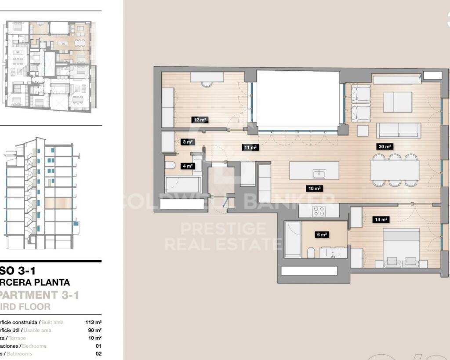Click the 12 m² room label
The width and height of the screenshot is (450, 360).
click(200, 120)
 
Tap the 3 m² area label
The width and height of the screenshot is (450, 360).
click(188, 142)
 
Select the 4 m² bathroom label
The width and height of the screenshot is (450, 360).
click(188, 166)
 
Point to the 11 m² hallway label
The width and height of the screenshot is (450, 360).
click(250, 147)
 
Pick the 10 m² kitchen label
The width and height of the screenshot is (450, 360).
click(315, 189)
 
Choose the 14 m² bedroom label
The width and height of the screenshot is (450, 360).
click(381, 219)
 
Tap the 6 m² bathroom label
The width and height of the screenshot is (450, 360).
click(323, 234)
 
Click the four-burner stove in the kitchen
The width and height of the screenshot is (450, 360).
click(319, 211)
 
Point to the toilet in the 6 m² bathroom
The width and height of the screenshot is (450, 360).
click(311, 253)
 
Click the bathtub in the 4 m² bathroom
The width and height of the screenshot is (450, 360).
click(183, 184)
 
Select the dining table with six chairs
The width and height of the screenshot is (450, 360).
click(395, 170)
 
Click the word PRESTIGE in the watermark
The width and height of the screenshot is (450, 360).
click(223, 229)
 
